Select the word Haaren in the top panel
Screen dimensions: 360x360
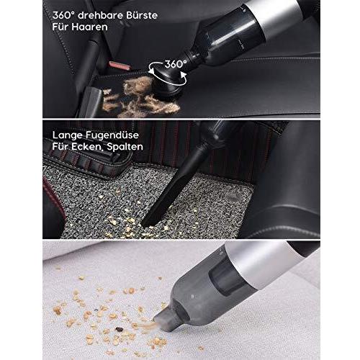pos(89,27)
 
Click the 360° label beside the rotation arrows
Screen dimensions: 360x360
pos(176,64)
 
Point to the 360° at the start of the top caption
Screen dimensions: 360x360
pos(63,15)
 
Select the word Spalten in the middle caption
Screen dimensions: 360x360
pos(125,147)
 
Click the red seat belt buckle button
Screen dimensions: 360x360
pos(120,66)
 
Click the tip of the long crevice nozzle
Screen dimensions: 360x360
pos(145,224)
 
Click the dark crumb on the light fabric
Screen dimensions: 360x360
pos(118,329)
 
